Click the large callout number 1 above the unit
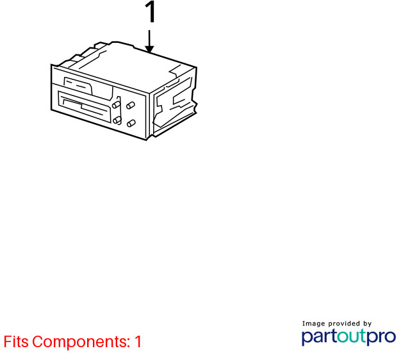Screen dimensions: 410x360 click(151, 12)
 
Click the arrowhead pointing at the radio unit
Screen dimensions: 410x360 click(149, 49)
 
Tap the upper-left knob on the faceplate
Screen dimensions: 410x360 click(116, 105)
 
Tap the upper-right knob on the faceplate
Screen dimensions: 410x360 click(131, 105)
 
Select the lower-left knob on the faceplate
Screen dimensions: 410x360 click(117, 120)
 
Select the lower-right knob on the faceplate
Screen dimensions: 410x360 click(131, 123)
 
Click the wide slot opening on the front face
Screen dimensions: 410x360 click(85, 106)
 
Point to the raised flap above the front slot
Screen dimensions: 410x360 click(78, 86)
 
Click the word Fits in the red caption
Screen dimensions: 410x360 click(16, 341)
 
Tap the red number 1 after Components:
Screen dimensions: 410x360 click(138, 341)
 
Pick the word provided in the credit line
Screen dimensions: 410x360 click(344, 323)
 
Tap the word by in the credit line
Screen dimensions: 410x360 click(368, 324)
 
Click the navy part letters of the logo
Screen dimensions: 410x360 click(320, 337)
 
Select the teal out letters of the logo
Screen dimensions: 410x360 click(352, 336)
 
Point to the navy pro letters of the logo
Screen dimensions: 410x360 click(381, 337)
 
